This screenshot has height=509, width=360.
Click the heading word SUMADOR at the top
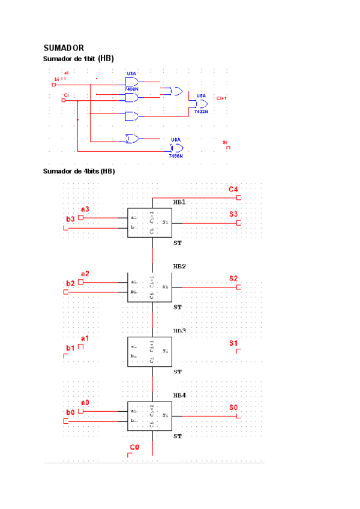click(x=64, y=47)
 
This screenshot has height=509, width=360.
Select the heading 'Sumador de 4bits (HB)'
click(x=79, y=171)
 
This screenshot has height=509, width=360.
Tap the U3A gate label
click(x=131, y=74)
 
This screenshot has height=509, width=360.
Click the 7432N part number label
click(x=200, y=112)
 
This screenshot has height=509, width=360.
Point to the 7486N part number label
click(x=175, y=155)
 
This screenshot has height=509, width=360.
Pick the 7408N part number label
click(x=131, y=89)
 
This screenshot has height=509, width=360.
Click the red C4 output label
click(x=234, y=190)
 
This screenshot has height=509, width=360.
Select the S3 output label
click(x=234, y=214)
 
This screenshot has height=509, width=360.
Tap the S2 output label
click(x=233, y=279)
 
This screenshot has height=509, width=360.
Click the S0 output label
click(x=233, y=408)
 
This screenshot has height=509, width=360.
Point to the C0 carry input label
click(x=134, y=448)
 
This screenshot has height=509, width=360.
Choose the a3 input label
click(x=85, y=209)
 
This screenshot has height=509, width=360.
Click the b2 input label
click(x=70, y=283)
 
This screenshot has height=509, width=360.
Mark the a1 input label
click(x=85, y=339)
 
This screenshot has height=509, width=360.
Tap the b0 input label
click(x=70, y=412)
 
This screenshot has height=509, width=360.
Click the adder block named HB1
click(x=149, y=222)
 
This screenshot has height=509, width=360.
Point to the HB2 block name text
click(x=179, y=266)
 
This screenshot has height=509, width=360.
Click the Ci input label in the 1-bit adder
click(x=66, y=95)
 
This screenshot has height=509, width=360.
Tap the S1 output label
click(x=234, y=343)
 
